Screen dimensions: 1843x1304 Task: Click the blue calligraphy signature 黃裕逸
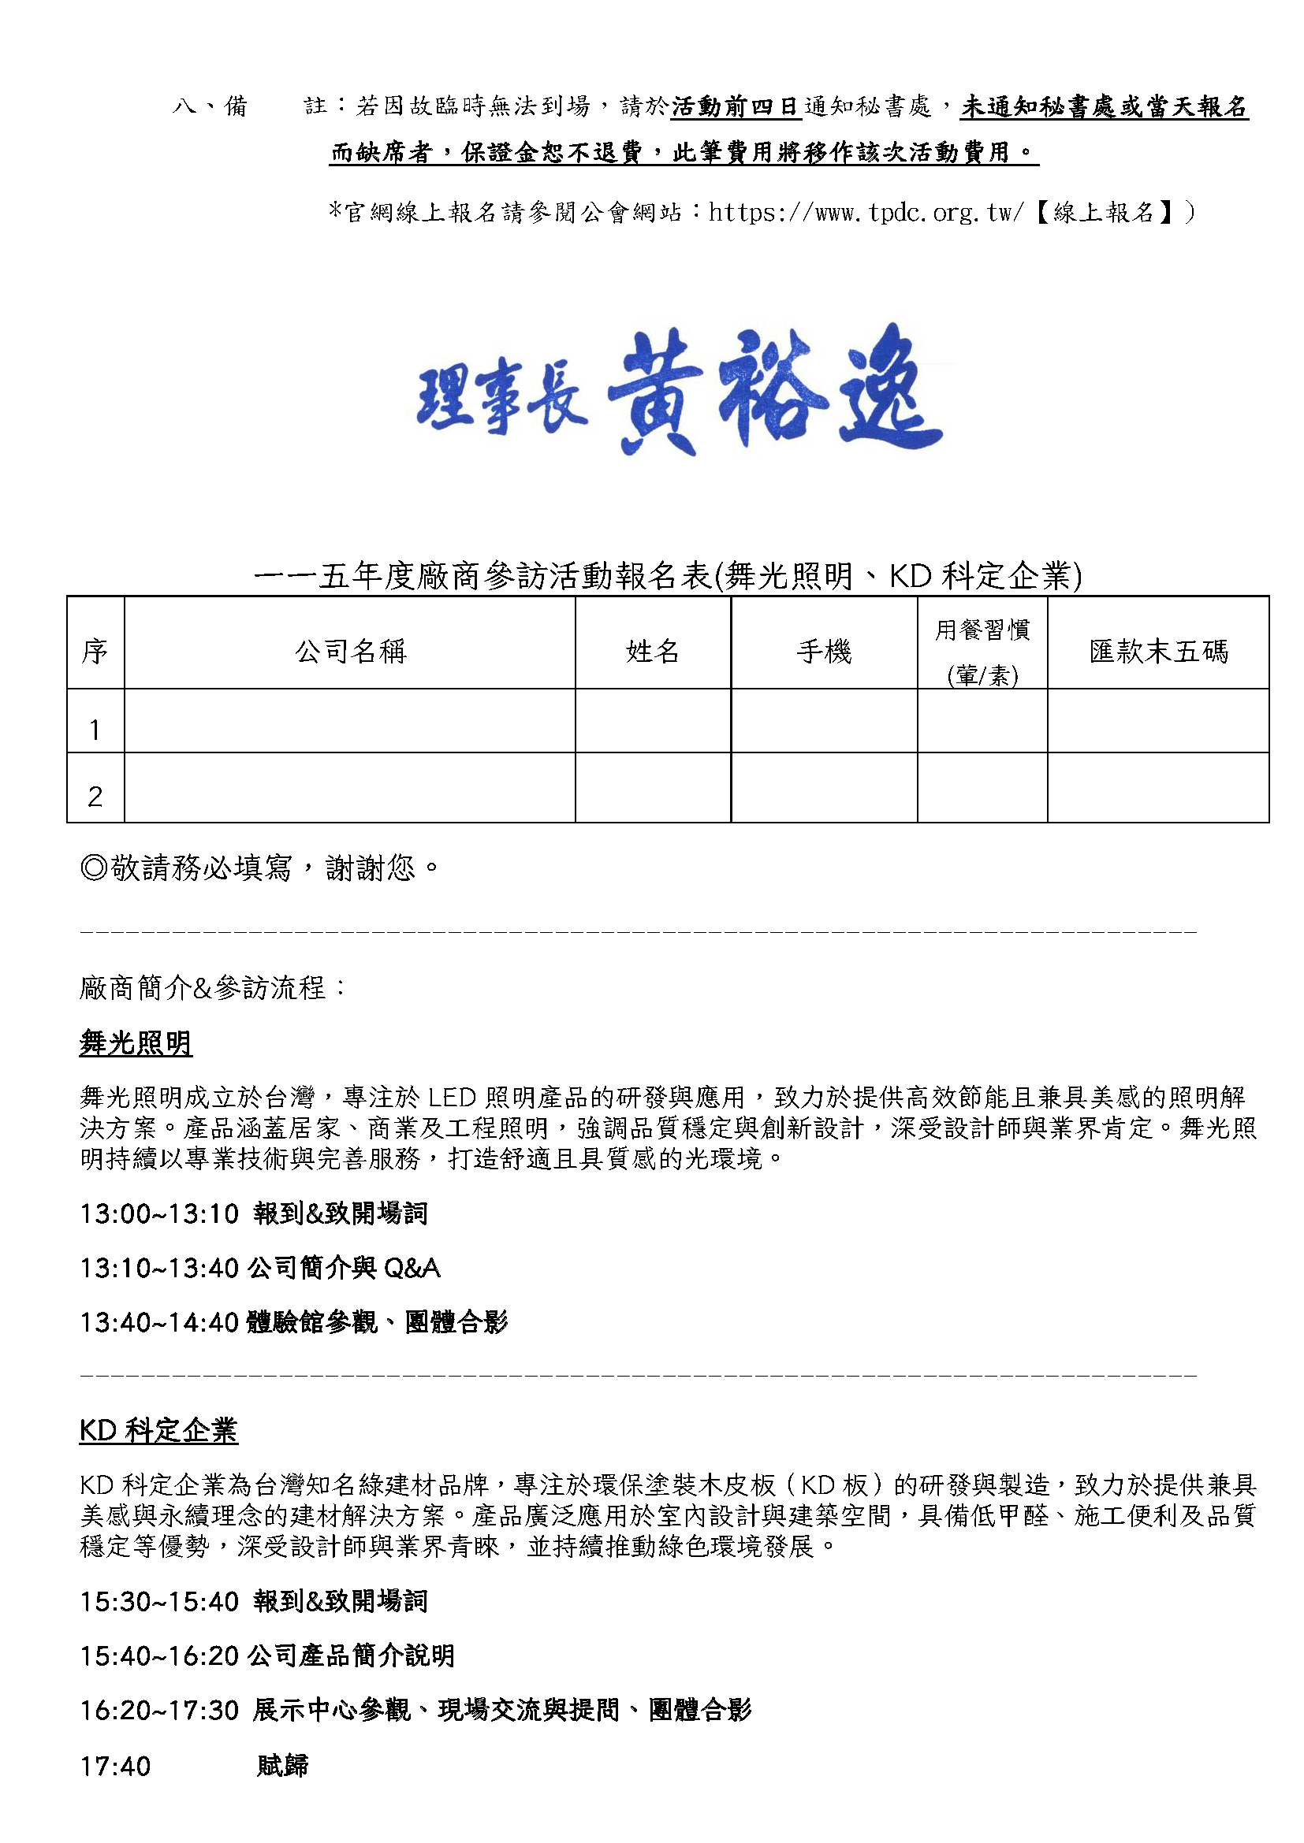[774, 390]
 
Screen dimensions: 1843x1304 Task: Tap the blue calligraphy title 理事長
[502, 398]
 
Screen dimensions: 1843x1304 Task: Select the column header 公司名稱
[350, 651]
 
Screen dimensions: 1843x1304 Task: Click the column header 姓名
[652, 651]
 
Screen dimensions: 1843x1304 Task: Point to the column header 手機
[823, 651]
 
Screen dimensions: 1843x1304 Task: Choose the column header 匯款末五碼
[1158, 651]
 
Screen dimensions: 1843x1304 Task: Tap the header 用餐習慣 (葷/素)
[982, 651]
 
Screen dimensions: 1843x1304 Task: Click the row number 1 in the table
[95, 730]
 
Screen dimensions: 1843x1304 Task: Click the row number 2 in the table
[95, 797]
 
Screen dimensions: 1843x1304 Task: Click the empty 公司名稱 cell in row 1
[350, 721]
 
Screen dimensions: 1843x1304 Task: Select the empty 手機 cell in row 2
[823, 787]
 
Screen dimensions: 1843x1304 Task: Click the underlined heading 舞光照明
[136, 1043]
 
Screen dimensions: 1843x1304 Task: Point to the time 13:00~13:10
[159, 1213]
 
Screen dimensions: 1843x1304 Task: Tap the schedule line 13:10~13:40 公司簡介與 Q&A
[260, 1268]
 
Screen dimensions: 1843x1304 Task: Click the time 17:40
[115, 1766]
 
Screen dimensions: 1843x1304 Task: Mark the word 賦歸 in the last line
[283, 1766]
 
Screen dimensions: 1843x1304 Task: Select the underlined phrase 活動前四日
[736, 106]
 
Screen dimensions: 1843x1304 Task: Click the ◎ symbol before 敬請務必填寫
[94, 868]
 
